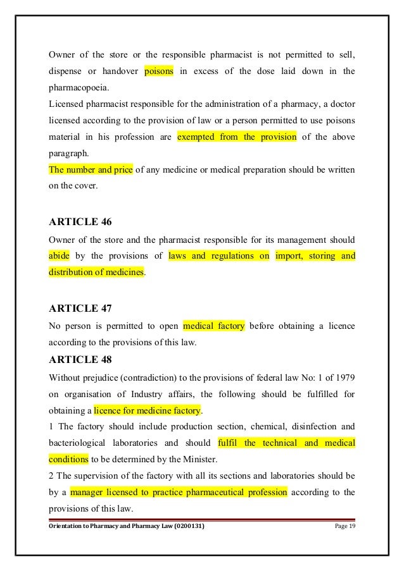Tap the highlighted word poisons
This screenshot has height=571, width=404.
pos(163,70)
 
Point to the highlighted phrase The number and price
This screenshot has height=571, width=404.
pos(91,170)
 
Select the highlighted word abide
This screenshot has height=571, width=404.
pos(59,256)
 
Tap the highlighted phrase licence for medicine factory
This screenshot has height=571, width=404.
pos(147,409)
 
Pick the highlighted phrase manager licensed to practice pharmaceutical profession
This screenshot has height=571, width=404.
pos(179,492)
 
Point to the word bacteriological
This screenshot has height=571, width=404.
pos(80,442)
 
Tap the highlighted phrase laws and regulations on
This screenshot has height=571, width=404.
pos(219,256)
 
